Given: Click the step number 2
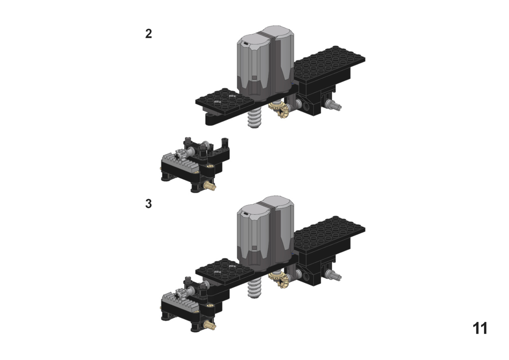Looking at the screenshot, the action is coord(148,34).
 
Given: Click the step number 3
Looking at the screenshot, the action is coord(148,204).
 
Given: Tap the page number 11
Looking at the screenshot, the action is coord(480,328).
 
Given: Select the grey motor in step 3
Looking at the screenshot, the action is coord(265,233).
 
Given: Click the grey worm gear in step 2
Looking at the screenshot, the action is coord(254,118).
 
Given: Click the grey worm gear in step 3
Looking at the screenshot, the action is coord(254,288).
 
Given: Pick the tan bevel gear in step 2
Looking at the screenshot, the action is coord(279,109).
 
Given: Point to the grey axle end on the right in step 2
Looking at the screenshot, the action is coord(333,105).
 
